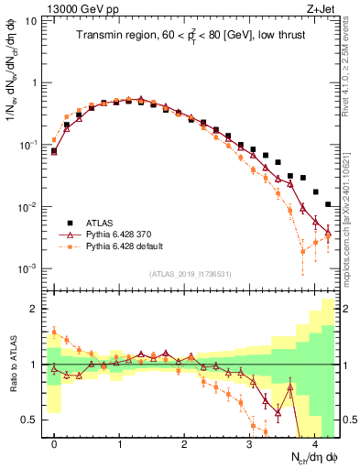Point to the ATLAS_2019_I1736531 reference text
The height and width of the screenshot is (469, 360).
point(190,273)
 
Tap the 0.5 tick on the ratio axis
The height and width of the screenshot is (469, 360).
point(33,420)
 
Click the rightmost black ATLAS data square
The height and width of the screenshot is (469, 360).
point(328,204)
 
